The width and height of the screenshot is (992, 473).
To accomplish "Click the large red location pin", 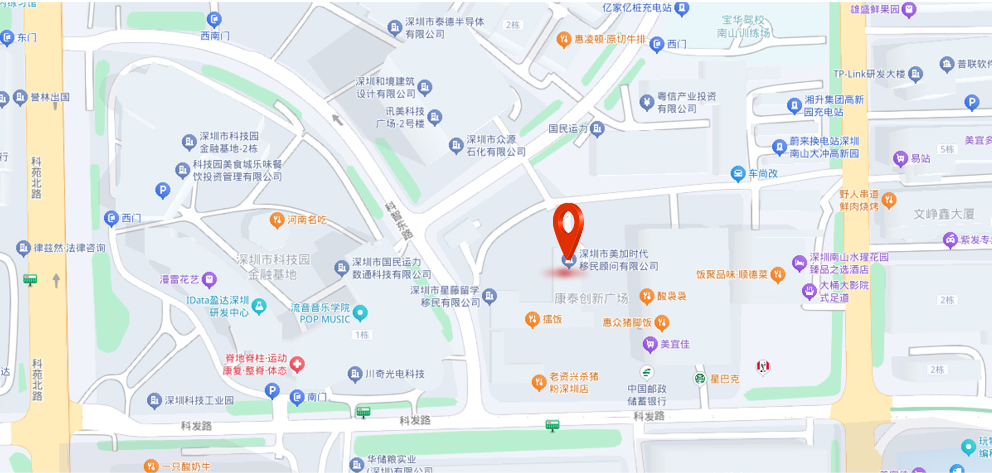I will coord(568,227).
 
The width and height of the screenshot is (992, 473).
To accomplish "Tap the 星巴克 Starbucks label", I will coord(724,379).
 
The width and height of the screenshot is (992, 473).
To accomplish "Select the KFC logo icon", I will coord(763,367).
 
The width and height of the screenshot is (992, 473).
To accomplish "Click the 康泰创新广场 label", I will coord(591,298).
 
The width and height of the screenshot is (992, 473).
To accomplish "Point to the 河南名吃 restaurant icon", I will coord(277,220).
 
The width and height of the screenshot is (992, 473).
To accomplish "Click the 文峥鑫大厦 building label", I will coord(944,214).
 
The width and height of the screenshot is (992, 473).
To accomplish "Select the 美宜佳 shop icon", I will coord(649,344).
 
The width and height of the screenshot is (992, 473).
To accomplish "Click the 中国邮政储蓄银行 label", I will coord(647,394).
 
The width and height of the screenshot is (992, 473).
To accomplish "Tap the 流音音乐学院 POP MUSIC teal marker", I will coord(360,313).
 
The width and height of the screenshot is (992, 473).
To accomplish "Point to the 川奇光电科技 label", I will coord(395,374).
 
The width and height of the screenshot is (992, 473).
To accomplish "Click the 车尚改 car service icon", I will coord(738,174).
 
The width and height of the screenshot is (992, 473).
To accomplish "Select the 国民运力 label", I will coord(568,129).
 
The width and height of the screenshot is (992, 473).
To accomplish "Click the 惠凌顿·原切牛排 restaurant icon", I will coord(564,39).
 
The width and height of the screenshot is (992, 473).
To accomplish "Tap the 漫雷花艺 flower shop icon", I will coord(209,280).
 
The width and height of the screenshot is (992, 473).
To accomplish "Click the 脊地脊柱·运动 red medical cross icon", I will coord(297,364).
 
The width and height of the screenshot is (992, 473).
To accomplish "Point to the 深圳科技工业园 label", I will coord(199,401).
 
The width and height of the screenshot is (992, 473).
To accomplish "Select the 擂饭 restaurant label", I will coord(552,319).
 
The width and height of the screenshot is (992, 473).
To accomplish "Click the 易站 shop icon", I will coord(901,159).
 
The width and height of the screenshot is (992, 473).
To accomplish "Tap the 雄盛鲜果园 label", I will coord(875,9).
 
